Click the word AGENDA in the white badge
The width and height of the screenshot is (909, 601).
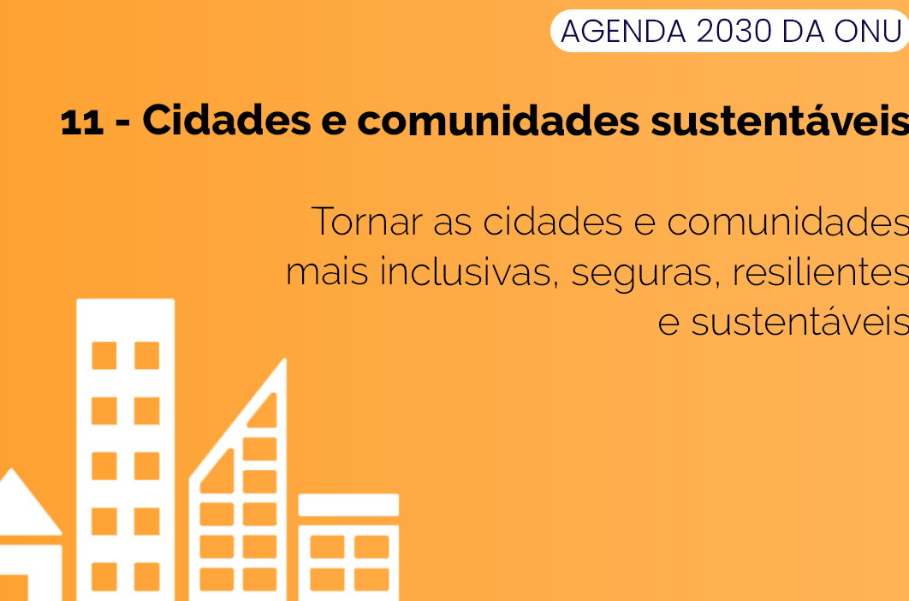[623, 32]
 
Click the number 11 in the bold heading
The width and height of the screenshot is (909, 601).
[81, 122]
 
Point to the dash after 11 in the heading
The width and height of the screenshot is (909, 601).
[123, 124]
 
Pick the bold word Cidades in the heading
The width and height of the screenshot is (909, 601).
[227, 120]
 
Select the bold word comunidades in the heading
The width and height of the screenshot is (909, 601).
[498, 120]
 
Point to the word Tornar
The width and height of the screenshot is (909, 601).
[367, 221]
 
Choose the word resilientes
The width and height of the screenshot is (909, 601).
[821, 271]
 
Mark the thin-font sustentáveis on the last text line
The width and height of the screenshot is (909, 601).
[800, 323]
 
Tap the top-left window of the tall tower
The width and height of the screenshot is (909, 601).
[104, 355]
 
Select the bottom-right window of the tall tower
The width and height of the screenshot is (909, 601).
[146, 577]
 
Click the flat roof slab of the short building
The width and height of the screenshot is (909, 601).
[348, 505]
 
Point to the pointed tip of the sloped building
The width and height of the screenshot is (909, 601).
[284, 360]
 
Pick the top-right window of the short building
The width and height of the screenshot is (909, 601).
[371, 547]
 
